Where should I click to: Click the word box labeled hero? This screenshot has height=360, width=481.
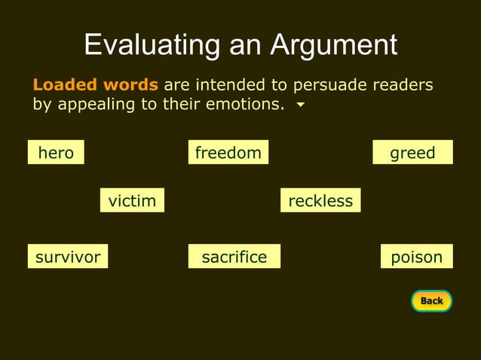(56, 153)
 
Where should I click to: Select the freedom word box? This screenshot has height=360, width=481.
(228, 153)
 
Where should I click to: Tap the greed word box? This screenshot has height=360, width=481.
(412, 153)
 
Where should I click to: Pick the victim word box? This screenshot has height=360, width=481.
(132, 200)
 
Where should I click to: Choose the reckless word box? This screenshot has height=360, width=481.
(320, 200)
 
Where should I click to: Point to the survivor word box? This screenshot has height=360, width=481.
(68, 257)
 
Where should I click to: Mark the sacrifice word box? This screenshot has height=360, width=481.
(234, 257)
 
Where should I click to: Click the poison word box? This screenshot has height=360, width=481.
(416, 257)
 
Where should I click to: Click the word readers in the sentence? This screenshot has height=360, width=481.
(403, 84)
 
